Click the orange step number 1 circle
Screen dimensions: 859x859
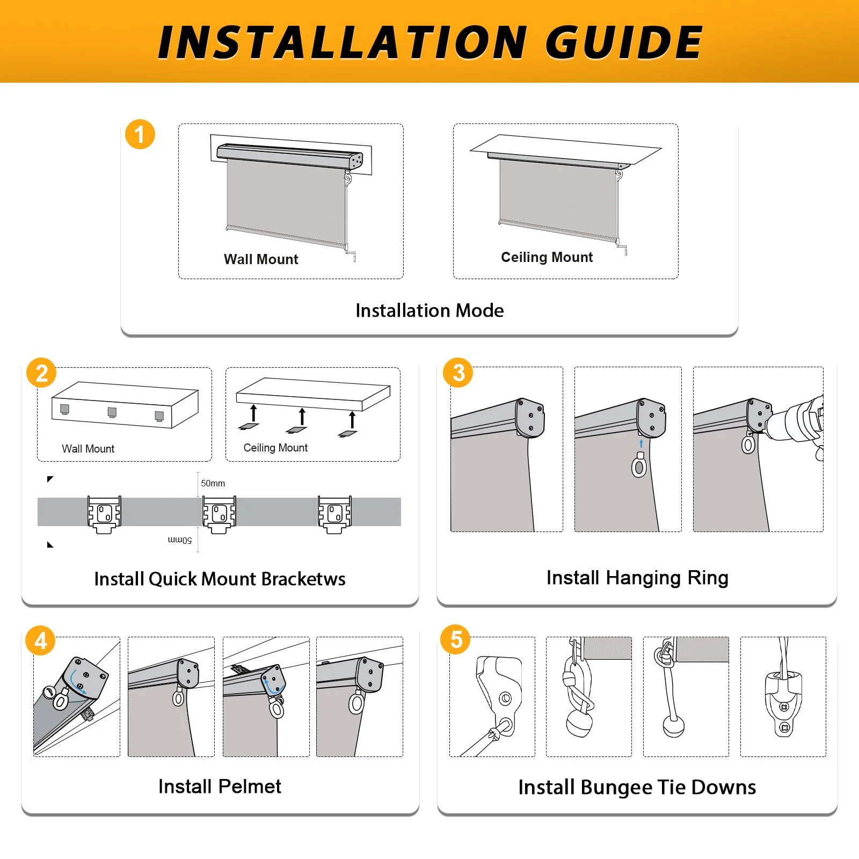[x=140, y=134]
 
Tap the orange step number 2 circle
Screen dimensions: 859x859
[x=41, y=373]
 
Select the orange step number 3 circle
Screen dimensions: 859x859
[x=458, y=373]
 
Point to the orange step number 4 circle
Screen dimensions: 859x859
[x=41, y=640]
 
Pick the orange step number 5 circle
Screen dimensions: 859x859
[x=456, y=639]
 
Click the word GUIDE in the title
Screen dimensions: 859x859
[x=624, y=42]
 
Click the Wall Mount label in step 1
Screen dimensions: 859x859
[x=261, y=259]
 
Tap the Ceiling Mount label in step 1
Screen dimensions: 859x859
[x=547, y=258]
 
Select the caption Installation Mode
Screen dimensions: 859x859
[x=429, y=310]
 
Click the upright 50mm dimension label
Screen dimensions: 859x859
[x=213, y=483]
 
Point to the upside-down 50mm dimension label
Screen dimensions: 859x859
[x=180, y=540]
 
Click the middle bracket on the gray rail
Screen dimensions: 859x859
[x=219, y=514]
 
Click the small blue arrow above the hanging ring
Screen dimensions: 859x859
[x=641, y=443]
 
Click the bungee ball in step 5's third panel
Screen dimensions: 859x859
[x=674, y=726]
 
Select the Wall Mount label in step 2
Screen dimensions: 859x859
[x=88, y=449]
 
